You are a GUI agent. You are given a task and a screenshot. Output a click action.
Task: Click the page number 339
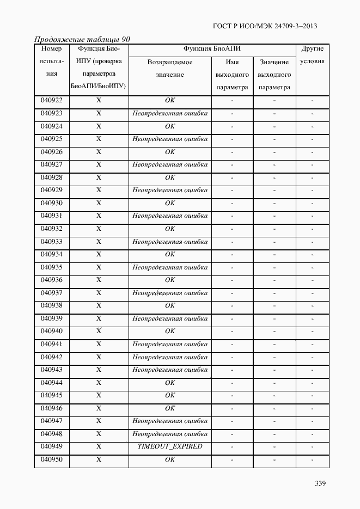pyautogui.click(x=320, y=483)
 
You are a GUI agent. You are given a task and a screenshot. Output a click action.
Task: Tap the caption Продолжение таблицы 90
pyautogui.click(x=82, y=39)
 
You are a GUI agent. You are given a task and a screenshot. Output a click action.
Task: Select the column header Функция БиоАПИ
pyautogui.click(x=212, y=48)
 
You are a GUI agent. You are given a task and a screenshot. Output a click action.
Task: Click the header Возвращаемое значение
pyautogui.click(x=169, y=68)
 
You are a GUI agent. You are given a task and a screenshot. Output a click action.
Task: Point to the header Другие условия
pyautogui.click(x=312, y=55)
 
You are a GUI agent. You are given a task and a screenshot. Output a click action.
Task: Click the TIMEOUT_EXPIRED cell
pyautogui.click(x=170, y=446)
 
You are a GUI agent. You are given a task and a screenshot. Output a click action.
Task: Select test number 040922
pyautogui.click(x=52, y=100)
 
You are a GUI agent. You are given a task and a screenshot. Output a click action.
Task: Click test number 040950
pyautogui.click(x=52, y=459)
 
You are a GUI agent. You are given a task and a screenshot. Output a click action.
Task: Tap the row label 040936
pyautogui.click(x=52, y=280)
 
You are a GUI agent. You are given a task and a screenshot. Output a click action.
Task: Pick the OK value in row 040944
pyautogui.click(x=170, y=383)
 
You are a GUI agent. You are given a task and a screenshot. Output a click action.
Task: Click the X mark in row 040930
pyautogui.click(x=99, y=203)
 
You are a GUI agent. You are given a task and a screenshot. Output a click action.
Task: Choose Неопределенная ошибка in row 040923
pyautogui.click(x=170, y=113)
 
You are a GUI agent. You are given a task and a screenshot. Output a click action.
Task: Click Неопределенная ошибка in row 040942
pyautogui.click(x=170, y=357)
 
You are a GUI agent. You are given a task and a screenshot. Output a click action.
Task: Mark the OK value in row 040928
pyautogui.click(x=170, y=177)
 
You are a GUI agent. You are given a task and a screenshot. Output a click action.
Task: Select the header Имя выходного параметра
pyautogui.click(x=232, y=75)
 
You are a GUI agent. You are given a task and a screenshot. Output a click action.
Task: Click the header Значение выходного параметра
pyautogui.click(x=274, y=75)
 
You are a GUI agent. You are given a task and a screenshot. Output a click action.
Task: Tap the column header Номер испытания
pyautogui.click(x=52, y=61)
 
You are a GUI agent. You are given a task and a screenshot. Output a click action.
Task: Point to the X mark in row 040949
pyautogui.click(x=99, y=446)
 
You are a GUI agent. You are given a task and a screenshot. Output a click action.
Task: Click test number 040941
pyautogui.click(x=52, y=344)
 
